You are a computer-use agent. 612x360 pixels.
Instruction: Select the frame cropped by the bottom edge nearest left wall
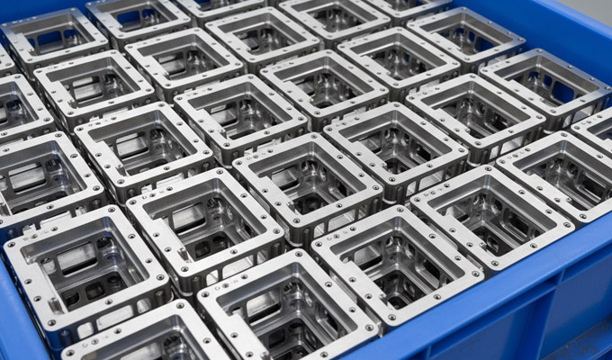(135, 337)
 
